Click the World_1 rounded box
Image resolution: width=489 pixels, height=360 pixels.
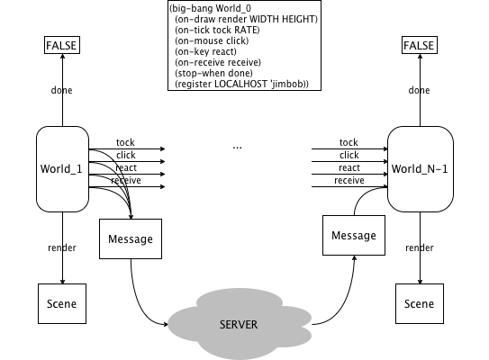coord(62,169)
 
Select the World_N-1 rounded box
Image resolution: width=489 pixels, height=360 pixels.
coord(420,169)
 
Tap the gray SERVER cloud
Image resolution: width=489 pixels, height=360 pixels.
coord(240,324)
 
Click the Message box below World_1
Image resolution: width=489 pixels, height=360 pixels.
coord(131,238)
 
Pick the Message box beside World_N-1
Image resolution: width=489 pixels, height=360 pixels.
coord(354,235)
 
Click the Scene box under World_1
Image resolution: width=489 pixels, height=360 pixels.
coord(62,303)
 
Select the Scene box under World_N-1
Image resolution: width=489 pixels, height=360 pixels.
coord(420,303)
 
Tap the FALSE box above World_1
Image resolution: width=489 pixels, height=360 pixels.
coord(62,45)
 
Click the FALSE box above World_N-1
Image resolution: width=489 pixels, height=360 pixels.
coord(420,45)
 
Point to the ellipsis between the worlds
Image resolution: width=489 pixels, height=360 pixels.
coord(238,148)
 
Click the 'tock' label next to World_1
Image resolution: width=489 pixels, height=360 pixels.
coord(125,142)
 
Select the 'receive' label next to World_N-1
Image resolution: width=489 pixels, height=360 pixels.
coord(349,181)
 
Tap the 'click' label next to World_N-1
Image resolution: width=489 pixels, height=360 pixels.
coord(349,155)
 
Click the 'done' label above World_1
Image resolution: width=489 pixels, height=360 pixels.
coord(62,90)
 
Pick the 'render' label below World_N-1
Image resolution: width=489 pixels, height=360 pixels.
coord(420,247)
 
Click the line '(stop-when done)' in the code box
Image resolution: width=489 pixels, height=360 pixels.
coord(214,73)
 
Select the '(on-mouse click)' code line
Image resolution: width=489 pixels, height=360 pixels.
coord(212,40)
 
